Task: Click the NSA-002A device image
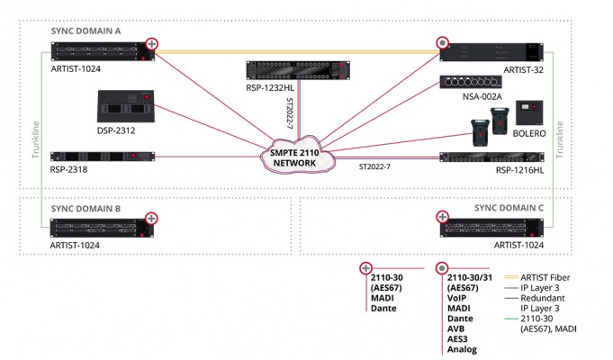(x=476, y=82)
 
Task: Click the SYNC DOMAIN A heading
(x=86, y=30)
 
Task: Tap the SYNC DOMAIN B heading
(x=86, y=208)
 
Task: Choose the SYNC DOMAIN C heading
(x=509, y=208)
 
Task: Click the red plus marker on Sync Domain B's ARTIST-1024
(x=152, y=217)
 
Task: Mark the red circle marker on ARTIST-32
(x=442, y=43)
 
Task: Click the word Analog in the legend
(x=461, y=349)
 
